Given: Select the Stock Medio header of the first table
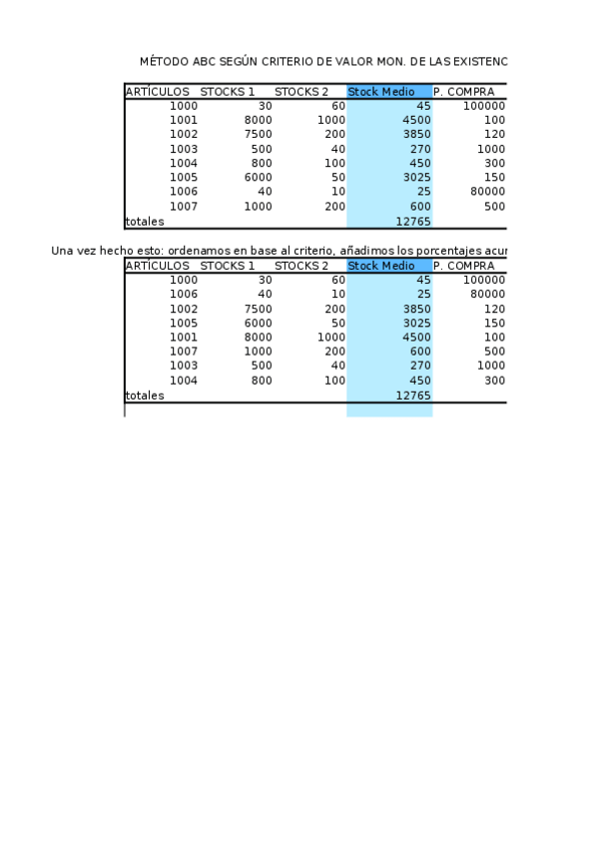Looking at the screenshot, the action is pos(381,92).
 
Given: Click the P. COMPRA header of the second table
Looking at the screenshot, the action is pos(463,266).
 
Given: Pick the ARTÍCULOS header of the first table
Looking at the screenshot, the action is pos(157,92).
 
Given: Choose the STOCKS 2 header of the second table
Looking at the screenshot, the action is pos(301,266).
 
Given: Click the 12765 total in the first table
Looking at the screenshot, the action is pos(413,222).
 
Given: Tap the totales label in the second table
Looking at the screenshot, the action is pos(145,396).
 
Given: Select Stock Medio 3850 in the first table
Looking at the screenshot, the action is pos(415,135).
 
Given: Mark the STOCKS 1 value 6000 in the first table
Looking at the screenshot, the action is pos(258,178).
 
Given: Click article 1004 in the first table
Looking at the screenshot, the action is pos(184,164).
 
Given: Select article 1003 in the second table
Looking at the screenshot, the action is pos(184,367).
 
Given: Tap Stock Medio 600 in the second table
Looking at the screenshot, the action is pos(420,353).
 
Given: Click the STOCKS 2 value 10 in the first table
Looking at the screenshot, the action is pos(338,192).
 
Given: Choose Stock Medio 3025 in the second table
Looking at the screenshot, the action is pos(415,324).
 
